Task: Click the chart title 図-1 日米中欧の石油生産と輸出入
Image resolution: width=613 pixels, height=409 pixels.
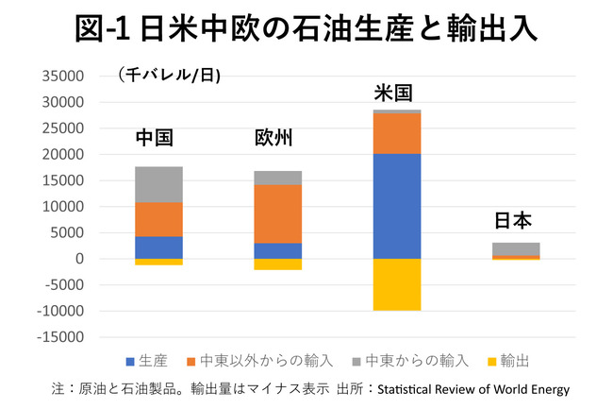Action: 306,28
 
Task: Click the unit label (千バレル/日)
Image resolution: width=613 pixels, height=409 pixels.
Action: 169,76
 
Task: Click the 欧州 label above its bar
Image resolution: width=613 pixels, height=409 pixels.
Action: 274,138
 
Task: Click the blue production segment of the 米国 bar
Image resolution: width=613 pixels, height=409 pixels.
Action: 396,206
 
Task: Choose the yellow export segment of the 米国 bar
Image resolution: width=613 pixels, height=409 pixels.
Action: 396,284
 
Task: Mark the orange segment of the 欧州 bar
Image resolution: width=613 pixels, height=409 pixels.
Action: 276,213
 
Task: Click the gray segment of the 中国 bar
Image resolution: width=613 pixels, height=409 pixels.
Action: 157,184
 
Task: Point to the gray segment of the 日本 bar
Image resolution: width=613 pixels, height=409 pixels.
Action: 515,248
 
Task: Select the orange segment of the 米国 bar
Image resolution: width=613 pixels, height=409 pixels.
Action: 396,133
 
